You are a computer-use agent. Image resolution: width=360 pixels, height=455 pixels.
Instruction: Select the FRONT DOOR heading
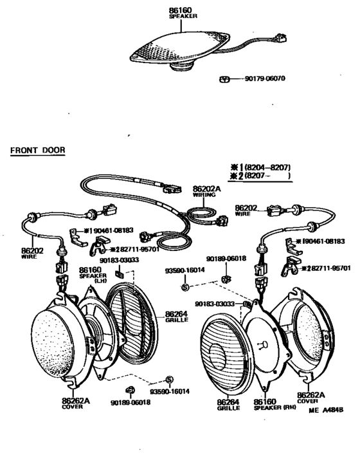click(x=38, y=151)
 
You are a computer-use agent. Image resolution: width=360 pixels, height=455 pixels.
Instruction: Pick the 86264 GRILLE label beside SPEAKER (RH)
click(x=228, y=404)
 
